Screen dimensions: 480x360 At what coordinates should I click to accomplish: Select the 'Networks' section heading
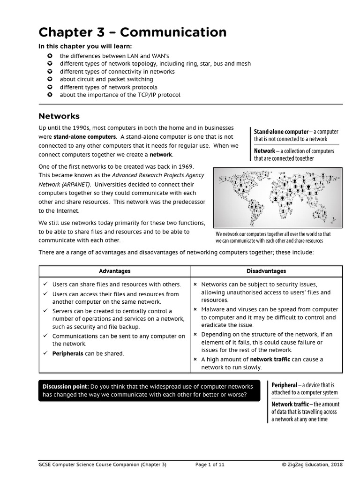[x=59, y=116]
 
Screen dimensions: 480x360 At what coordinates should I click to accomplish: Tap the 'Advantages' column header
[x=114, y=271]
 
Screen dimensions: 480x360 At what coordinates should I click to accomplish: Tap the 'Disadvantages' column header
[x=266, y=271]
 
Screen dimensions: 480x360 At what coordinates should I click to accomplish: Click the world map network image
[x=277, y=197]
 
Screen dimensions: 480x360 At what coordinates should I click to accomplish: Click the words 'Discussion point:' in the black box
[x=66, y=387]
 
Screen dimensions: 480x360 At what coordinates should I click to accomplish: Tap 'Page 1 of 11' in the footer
[x=210, y=465]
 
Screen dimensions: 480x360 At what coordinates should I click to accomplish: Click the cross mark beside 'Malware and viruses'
[x=195, y=309]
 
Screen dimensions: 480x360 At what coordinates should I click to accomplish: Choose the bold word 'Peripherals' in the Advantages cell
[x=67, y=353]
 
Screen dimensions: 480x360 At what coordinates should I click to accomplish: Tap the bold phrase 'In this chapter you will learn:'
[x=85, y=46]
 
